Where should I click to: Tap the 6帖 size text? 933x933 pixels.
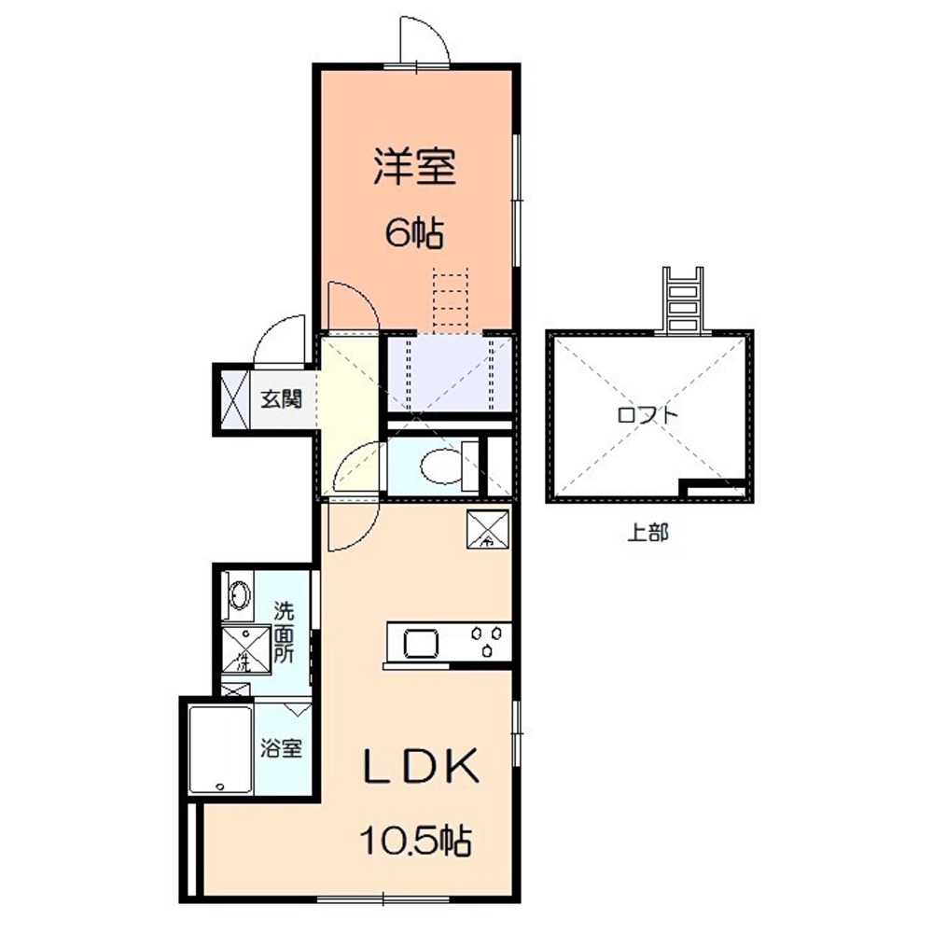(x=414, y=232)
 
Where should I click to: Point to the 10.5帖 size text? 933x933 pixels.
(x=416, y=842)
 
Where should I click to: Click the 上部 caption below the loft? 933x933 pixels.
(x=648, y=535)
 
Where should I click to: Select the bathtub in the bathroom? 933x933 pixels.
(x=220, y=751)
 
